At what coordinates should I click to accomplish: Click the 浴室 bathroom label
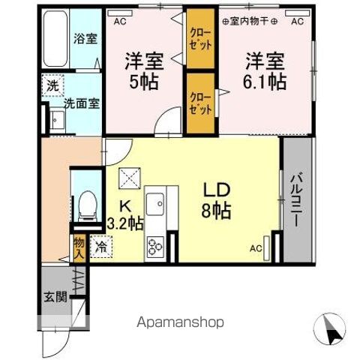coord(85,39)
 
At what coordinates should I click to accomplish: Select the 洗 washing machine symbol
coord(52,86)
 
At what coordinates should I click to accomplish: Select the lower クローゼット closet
coord(199,103)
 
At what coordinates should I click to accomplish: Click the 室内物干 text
coord(255,22)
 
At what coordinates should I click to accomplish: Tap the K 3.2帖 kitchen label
coord(124,214)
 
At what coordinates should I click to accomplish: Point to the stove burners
coord(156,246)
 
